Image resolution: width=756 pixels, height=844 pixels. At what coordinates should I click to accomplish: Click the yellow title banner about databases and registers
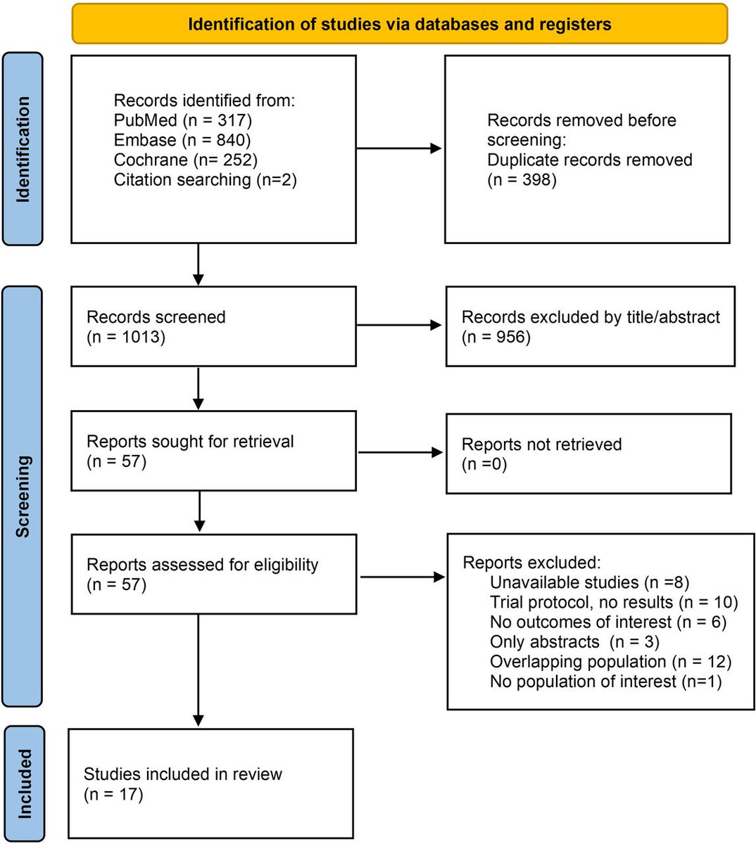pos(399,25)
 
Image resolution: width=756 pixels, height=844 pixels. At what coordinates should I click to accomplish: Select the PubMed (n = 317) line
pos(182,120)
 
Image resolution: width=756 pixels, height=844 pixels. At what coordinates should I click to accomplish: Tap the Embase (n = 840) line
pos(182,140)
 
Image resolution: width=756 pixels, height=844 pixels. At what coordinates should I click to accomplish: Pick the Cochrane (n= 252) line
pos(185,160)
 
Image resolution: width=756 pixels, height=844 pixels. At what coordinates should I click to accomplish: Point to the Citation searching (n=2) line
pos(205,179)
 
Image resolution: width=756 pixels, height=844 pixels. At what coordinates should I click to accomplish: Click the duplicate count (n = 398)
pos(522,179)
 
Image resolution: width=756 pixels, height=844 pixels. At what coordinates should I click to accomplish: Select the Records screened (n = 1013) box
pos(213,326)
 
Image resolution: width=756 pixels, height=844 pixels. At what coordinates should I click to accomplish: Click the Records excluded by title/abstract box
pos(590,326)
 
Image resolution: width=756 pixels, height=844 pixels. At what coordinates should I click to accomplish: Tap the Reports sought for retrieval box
pos(213,451)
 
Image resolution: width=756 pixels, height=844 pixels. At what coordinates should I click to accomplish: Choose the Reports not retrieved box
pos(588,454)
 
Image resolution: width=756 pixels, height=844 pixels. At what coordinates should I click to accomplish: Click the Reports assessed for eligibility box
pos(213,574)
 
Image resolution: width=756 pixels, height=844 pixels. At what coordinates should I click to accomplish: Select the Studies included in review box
pos(210,784)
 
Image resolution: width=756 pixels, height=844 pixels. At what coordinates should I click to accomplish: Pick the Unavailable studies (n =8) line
pos(589,582)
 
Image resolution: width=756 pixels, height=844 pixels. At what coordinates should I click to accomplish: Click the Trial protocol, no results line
pos(613,602)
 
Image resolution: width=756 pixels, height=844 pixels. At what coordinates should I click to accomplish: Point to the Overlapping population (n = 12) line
pos(610,661)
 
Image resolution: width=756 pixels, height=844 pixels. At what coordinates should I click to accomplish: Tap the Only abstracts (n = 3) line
pos(574,641)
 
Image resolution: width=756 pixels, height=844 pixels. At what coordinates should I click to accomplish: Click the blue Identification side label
pos(23,149)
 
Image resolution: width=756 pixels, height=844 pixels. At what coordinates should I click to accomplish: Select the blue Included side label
pos(24,784)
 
